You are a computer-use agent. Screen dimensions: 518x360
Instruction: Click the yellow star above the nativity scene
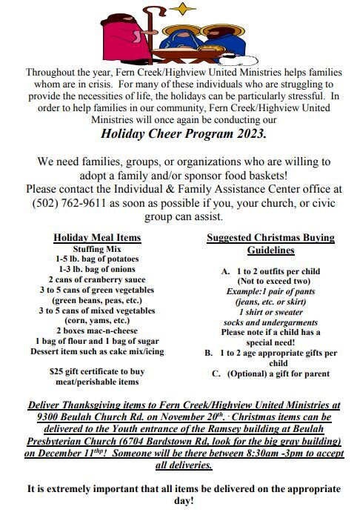[179, 10]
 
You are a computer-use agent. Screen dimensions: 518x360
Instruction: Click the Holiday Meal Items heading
[97, 238]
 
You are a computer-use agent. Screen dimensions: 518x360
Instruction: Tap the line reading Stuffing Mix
[97, 249]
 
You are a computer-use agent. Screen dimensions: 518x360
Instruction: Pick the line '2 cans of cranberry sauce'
[97, 280]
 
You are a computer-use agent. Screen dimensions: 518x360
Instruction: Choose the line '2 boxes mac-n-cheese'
[97, 331]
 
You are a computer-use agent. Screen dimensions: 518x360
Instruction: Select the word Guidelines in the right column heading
[270, 250]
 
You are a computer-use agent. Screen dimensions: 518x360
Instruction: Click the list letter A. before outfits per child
[226, 271]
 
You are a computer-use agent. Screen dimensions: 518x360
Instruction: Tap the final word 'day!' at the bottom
[180, 501]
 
